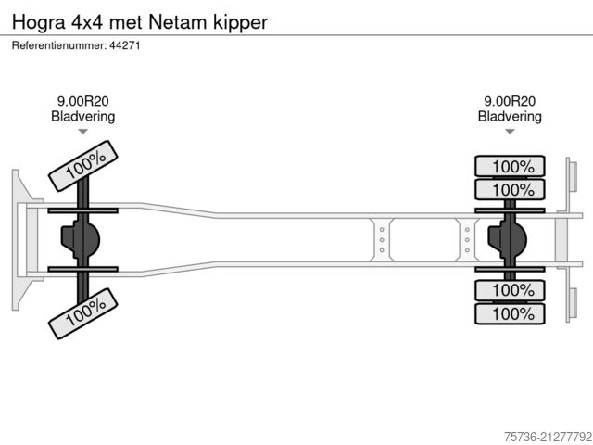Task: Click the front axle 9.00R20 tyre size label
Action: point(82,102)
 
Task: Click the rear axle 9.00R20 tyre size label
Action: point(510,102)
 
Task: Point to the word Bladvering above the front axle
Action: point(82,117)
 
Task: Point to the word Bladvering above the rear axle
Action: point(510,117)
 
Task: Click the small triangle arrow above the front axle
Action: point(82,133)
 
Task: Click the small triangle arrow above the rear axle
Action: point(510,133)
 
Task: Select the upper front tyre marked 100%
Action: point(85,166)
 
